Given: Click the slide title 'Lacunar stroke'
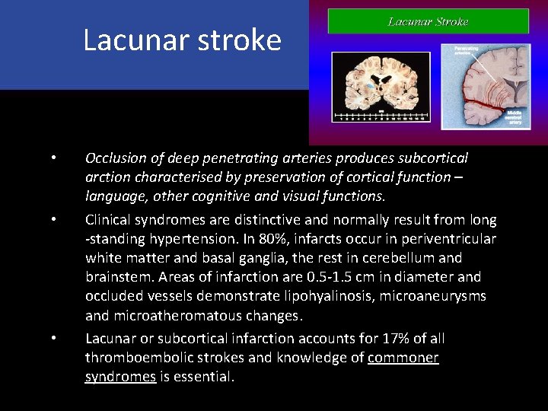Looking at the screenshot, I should click(x=182, y=40).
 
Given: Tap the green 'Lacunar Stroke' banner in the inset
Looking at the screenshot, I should click(x=428, y=21).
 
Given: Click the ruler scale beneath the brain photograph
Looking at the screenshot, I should click(x=384, y=118).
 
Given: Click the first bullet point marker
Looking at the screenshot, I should click(x=53, y=158).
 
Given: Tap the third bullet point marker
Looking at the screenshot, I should click(x=53, y=338).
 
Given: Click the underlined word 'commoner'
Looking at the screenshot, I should click(x=403, y=357).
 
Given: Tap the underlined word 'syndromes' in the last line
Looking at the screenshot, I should click(x=120, y=376).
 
